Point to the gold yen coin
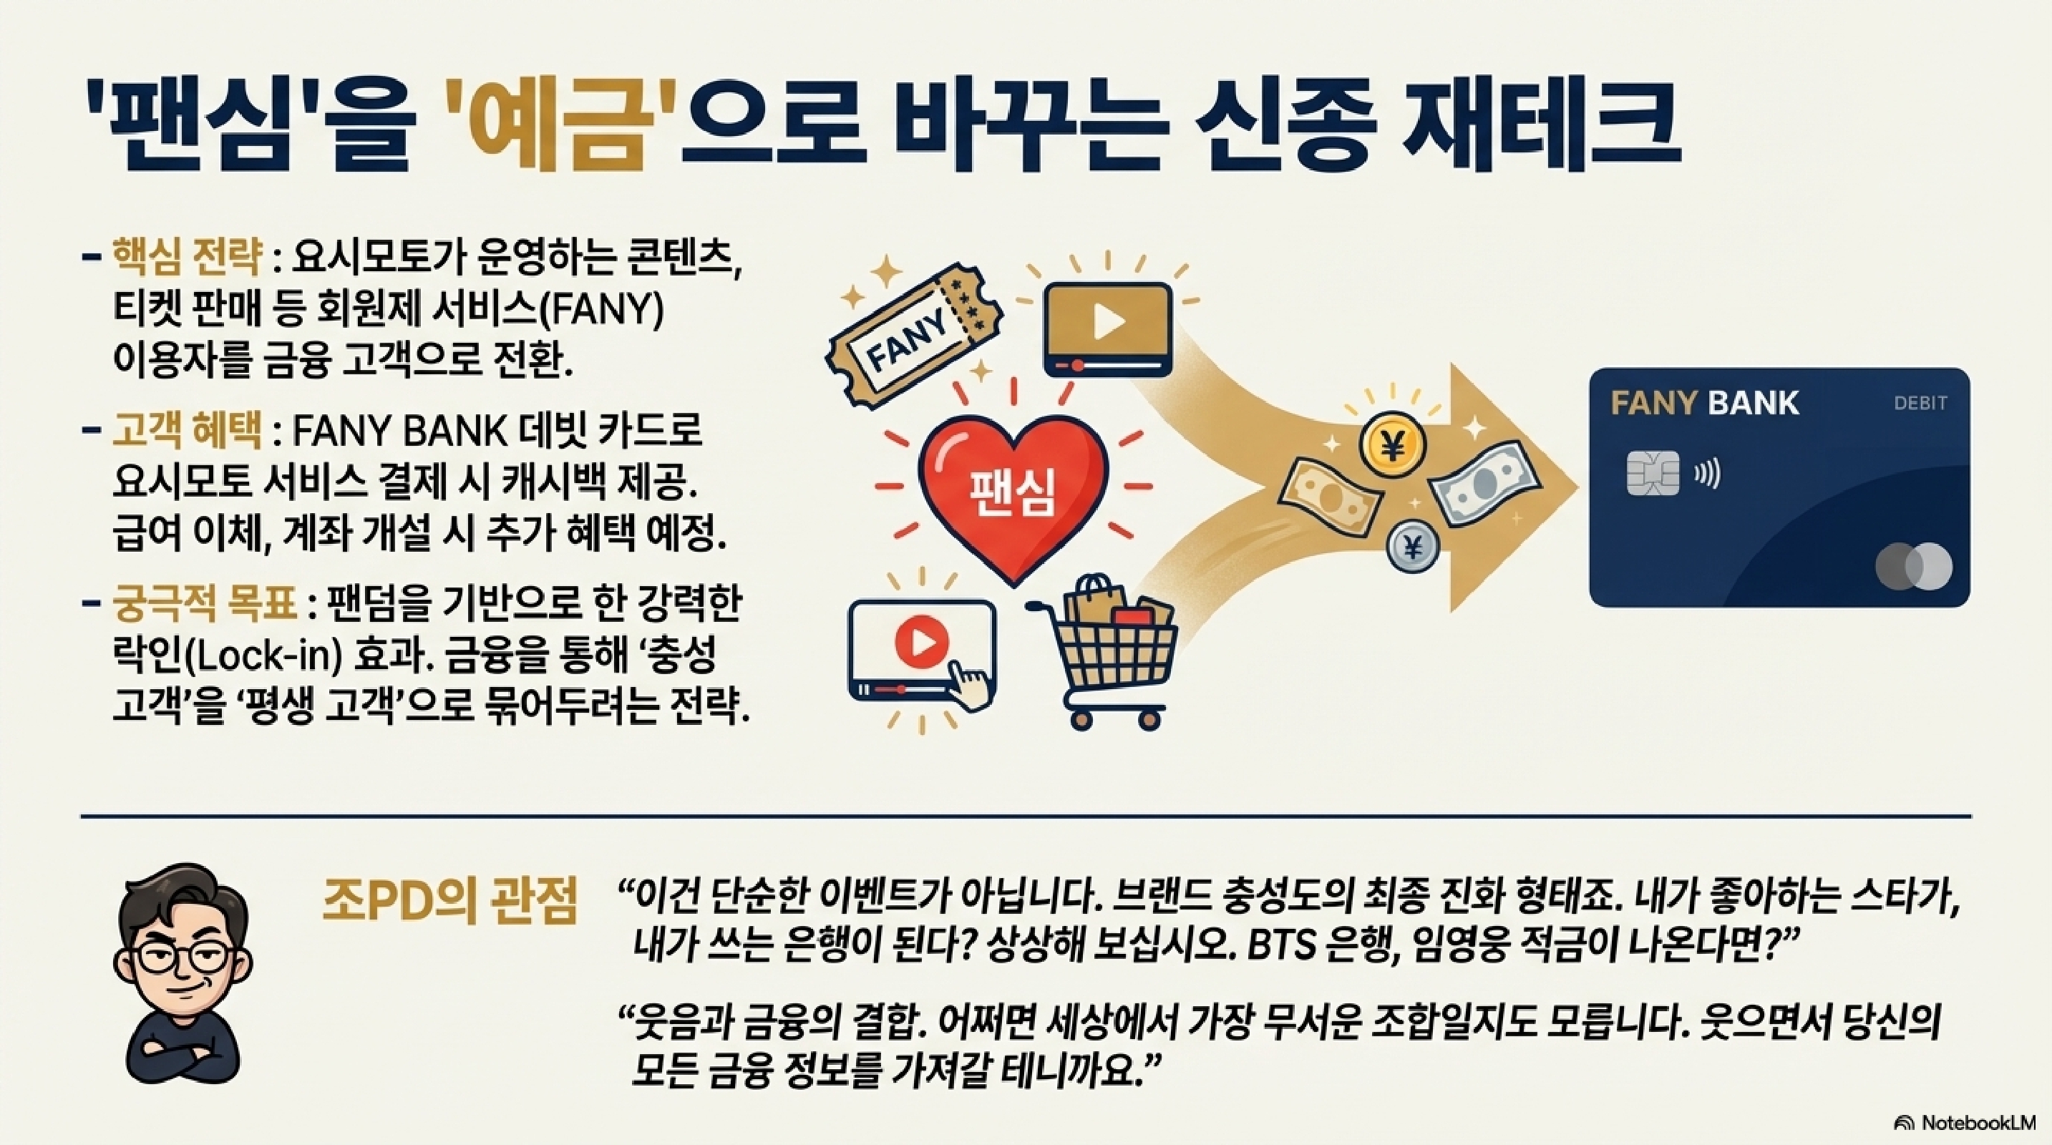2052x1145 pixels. [x=1391, y=448]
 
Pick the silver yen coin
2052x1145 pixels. [x=1413, y=546]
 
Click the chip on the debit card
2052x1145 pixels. [x=1652, y=474]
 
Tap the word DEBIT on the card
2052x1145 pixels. [x=1920, y=403]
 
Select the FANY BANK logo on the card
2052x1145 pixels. [x=1705, y=403]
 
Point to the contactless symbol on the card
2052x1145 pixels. [x=1707, y=474]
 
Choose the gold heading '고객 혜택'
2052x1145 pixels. [x=188, y=431]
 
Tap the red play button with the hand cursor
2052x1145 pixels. [x=922, y=642]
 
